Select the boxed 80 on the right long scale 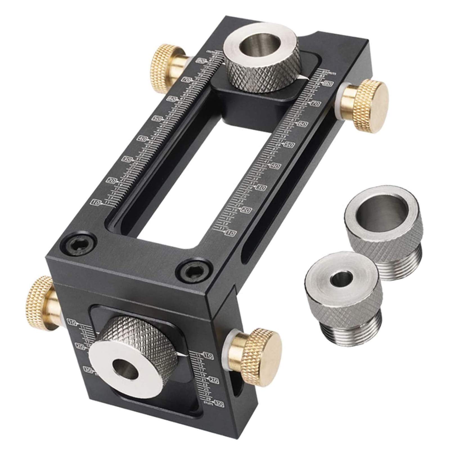click(327, 84)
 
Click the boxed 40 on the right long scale click(276, 166)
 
